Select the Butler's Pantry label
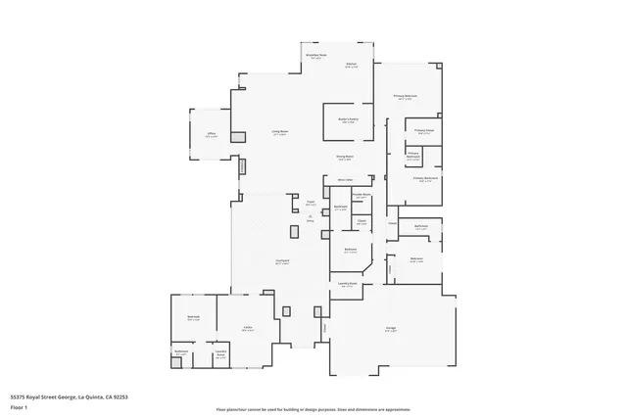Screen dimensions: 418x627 (346, 121)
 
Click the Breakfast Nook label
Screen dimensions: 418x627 (314, 57)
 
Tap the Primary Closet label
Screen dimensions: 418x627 (424, 131)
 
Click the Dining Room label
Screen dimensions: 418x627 (345, 157)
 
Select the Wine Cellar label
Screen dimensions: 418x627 (345, 180)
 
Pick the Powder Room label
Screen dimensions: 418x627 (361, 196)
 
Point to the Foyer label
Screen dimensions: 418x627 (310, 204)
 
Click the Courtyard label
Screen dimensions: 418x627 (282, 261)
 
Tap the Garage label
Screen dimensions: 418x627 (391, 329)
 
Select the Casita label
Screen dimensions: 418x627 (248, 329)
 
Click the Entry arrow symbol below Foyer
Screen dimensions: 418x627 (310, 217)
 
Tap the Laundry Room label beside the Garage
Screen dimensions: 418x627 (347, 284)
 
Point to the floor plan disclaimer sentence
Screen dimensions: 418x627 (313, 408)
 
